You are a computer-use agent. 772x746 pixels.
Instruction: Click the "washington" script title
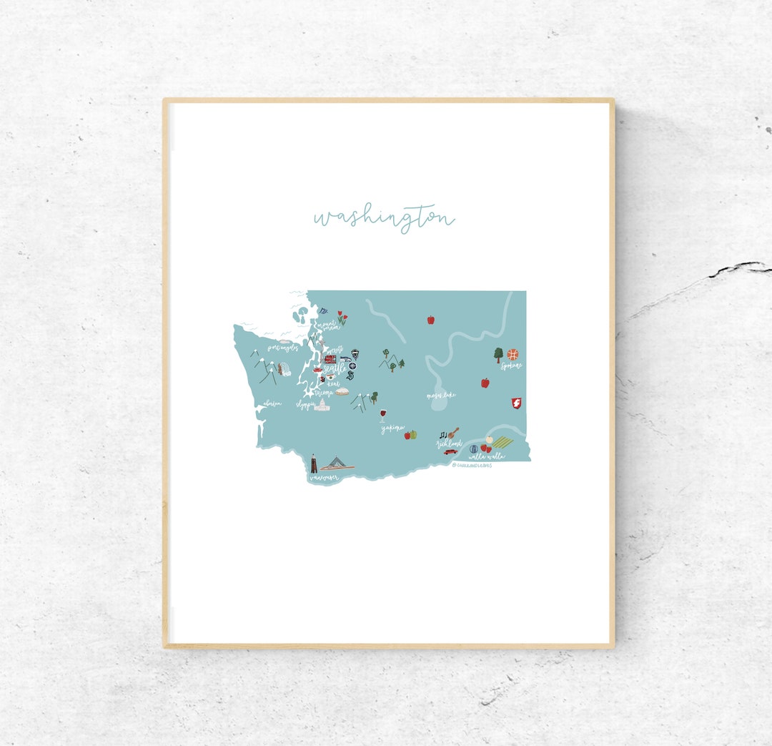(384, 217)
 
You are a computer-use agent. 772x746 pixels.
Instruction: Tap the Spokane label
(511, 366)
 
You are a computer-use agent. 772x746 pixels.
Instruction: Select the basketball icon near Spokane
(512, 354)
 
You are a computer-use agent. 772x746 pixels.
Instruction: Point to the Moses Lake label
(441, 395)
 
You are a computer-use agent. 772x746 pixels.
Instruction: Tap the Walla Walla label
(485, 456)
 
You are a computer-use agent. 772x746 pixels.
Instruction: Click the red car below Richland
(450, 451)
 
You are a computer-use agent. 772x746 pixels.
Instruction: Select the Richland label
(449, 443)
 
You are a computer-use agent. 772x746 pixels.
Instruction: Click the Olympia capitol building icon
(322, 406)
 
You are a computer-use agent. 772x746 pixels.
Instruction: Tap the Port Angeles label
(282, 348)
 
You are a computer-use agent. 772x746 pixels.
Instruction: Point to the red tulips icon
(342, 319)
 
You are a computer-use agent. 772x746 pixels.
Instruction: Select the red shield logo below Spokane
(515, 403)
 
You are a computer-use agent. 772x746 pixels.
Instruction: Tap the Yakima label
(392, 428)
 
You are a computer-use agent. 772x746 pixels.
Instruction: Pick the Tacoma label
(324, 393)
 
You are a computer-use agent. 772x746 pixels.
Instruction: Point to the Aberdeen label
(272, 404)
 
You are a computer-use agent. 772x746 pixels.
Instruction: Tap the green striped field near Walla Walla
(503, 443)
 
